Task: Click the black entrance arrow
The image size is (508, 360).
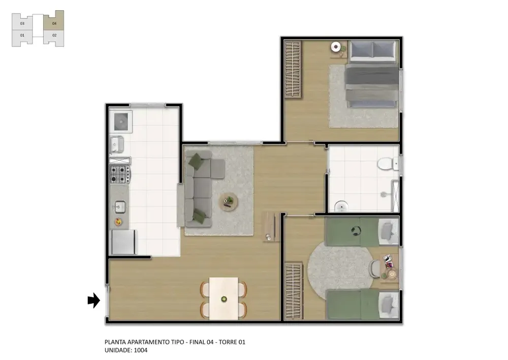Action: click(93, 301)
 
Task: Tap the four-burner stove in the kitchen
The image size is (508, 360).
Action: click(119, 174)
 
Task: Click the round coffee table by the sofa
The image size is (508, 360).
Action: click(229, 202)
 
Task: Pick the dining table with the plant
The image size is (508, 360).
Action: click(224, 298)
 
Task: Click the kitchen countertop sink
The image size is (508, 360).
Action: click(120, 207)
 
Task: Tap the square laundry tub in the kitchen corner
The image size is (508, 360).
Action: click(121, 122)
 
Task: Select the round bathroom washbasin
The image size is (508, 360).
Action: click(341, 206)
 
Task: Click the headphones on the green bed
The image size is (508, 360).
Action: click(356, 231)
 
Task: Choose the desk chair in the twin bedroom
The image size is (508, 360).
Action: click(375, 268)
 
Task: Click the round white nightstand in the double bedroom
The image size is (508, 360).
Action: click(336, 47)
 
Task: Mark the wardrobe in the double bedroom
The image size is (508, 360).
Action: click(293, 69)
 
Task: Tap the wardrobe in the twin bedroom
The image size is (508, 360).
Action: click(294, 291)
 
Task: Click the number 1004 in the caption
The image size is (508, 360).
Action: click(141, 350)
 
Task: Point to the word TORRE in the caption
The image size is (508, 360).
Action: click(228, 342)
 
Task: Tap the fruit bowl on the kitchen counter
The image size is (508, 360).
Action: click(118, 222)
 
